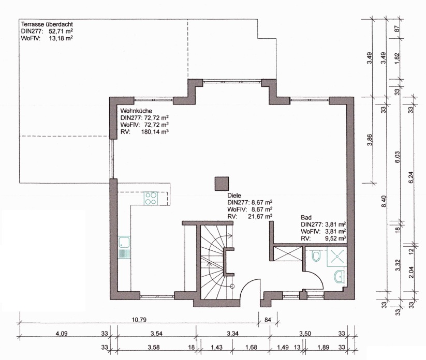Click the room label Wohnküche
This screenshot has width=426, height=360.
coord(136,111)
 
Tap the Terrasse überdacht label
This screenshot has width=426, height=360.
coord(47,24)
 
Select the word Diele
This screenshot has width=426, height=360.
coord(234,195)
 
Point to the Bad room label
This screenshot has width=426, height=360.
coord(306,217)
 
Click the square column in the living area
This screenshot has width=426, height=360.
coord(222,184)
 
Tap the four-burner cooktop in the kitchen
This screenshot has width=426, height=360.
coord(151,198)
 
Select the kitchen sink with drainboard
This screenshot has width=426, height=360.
coord(124,247)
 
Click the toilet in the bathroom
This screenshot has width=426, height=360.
coord(316,256)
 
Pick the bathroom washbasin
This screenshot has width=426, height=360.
coord(339,277)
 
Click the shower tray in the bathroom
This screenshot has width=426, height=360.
coord(337,256)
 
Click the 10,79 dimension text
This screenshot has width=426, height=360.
coord(139,320)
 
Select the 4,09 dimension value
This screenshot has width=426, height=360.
coord(62,334)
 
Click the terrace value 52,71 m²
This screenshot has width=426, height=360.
coord(61,31)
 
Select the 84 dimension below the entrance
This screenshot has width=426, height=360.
coord(268,320)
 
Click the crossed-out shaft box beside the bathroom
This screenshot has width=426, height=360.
coord(288,253)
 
